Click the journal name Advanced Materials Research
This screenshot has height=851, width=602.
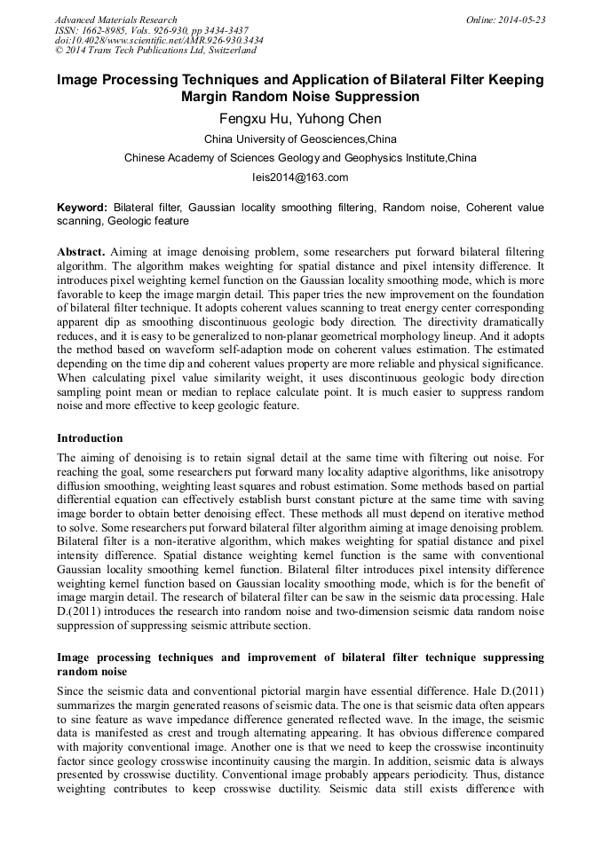[115, 20]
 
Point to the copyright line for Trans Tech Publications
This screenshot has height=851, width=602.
[155, 51]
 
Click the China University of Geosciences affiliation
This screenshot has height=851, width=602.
[300, 139]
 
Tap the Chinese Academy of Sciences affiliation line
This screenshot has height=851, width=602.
[300, 158]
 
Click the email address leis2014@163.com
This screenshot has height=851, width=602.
[300, 177]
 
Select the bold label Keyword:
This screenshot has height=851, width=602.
[81, 207]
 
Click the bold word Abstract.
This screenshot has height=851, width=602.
[81, 252]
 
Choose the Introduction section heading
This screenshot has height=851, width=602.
[90, 437]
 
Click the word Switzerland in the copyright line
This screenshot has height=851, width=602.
[228, 51]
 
